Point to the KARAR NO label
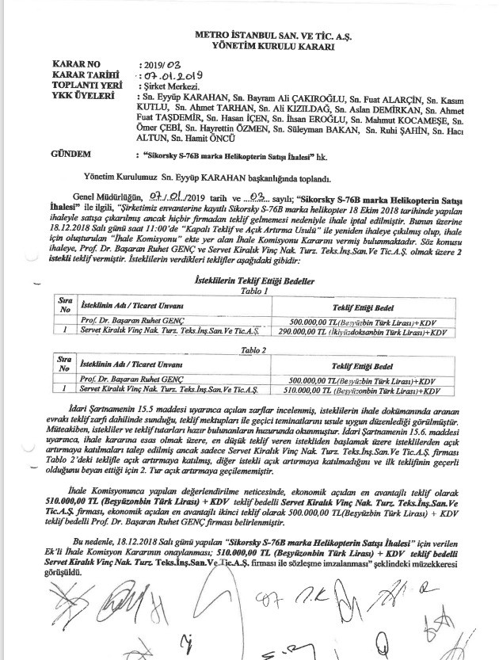77,62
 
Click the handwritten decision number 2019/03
162,62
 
